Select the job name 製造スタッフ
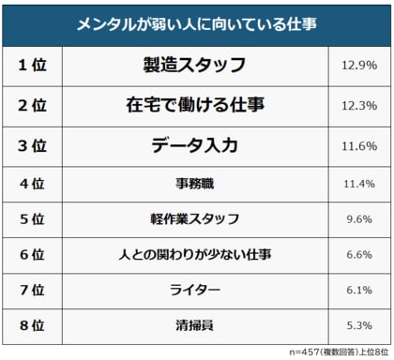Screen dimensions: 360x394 coord(195,66)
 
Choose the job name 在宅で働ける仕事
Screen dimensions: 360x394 coord(195,106)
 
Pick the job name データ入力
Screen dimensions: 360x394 coord(195,146)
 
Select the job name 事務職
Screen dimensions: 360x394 coord(195,183)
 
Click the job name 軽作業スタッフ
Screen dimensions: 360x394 coord(195,218)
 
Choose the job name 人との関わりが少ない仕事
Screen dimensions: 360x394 coord(195,254)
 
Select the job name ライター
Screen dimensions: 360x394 coord(195,290)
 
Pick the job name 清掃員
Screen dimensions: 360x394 coord(195,325)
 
